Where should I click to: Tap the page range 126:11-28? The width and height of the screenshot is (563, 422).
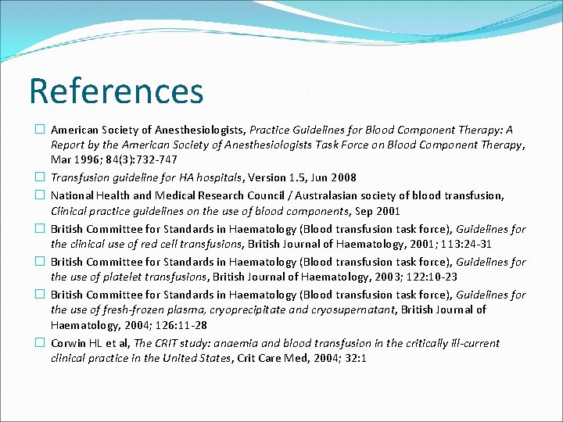pyautogui.click(x=169, y=326)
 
